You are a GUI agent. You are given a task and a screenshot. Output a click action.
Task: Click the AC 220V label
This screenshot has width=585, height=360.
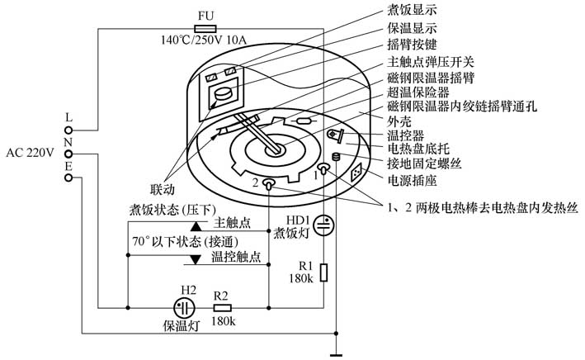(30, 152)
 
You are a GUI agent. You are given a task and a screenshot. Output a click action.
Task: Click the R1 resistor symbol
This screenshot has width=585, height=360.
(323, 272)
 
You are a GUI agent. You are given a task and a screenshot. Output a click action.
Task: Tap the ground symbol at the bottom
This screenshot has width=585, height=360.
(337, 353)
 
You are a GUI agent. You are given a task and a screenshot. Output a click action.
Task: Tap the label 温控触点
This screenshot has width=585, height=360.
(237, 257)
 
